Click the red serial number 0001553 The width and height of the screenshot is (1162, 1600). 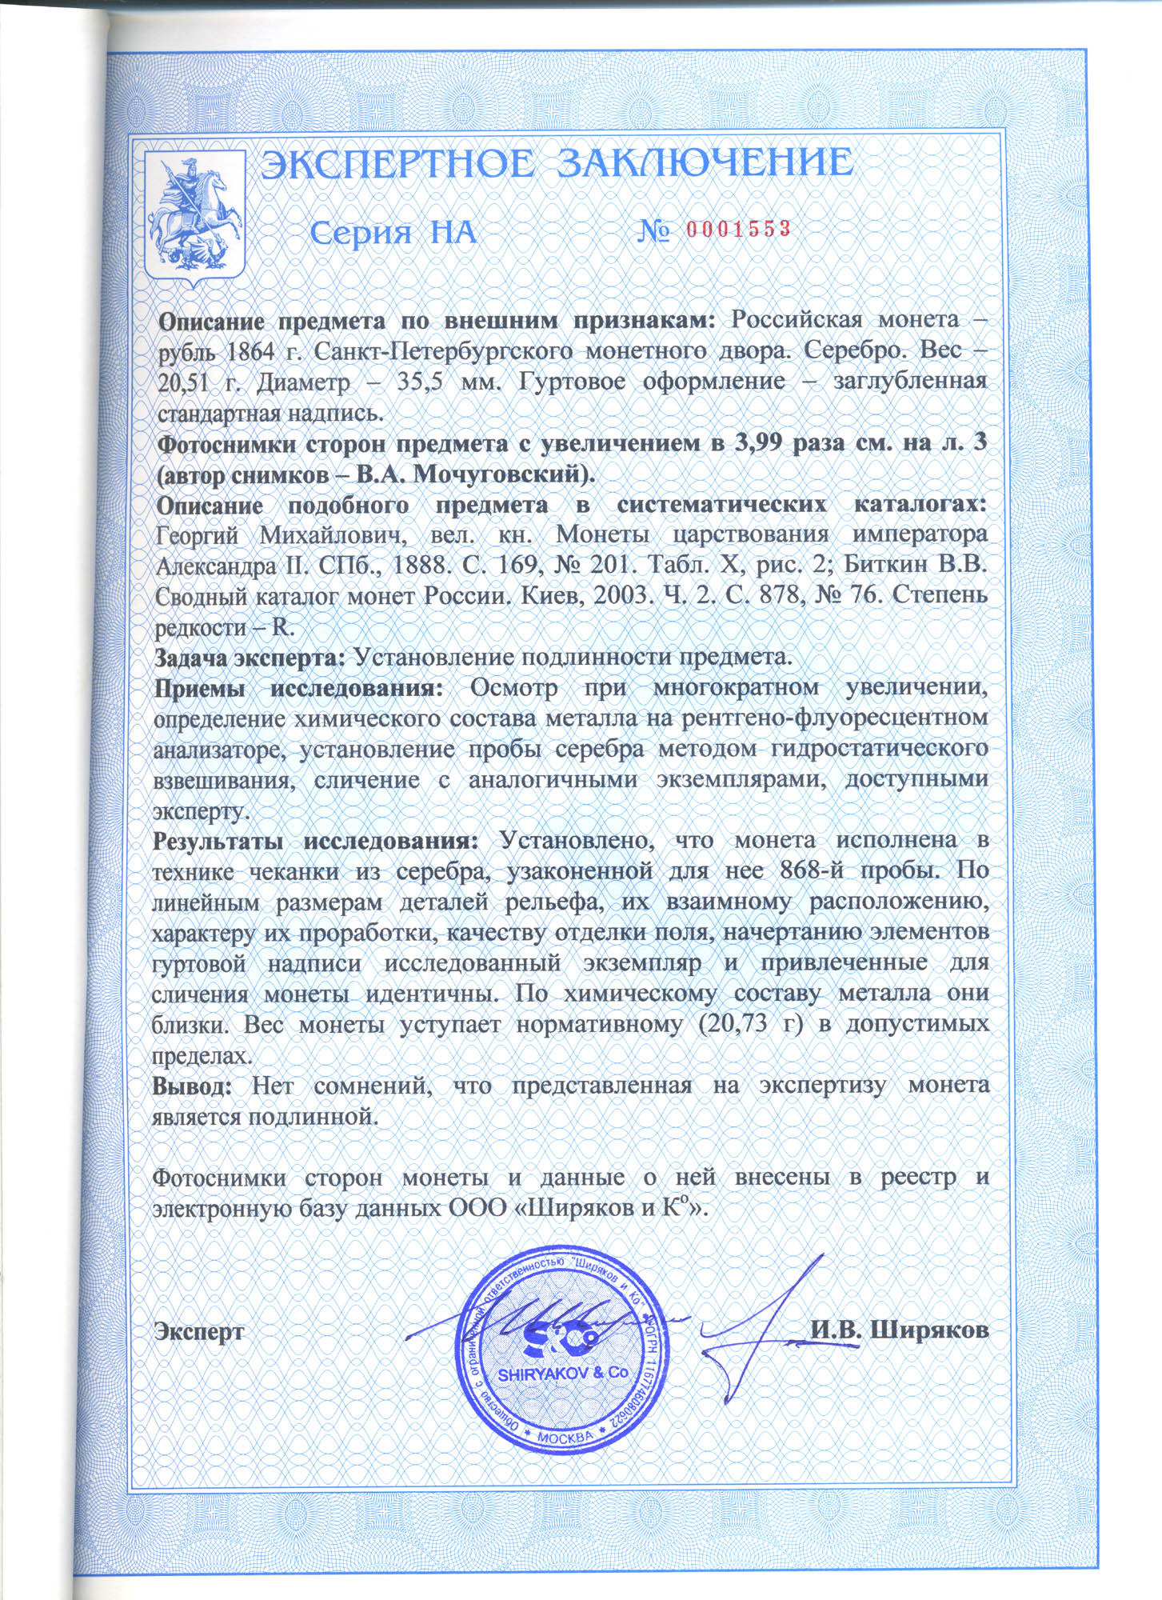[x=738, y=230]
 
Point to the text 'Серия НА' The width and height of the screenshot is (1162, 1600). [x=393, y=233]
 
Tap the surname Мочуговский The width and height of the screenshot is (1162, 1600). [x=504, y=475]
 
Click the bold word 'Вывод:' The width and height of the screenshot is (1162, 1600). [x=192, y=1086]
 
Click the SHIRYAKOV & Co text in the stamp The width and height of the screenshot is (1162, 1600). [x=563, y=1374]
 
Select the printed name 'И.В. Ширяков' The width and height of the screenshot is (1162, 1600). [x=900, y=1330]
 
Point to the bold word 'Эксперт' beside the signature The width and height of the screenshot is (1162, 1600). [x=199, y=1331]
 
